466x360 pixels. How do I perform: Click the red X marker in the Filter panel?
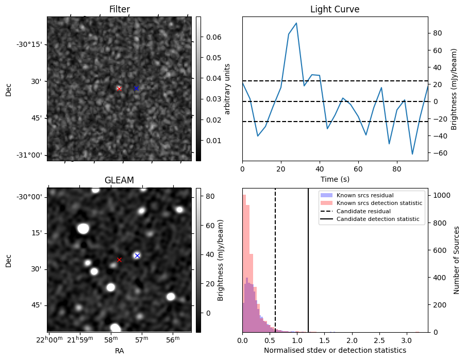coord(119,89)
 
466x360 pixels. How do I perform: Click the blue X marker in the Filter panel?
coord(137,88)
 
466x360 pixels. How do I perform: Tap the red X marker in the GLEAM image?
coord(119,260)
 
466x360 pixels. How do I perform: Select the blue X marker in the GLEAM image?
coord(137,255)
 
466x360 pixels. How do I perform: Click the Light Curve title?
coord(335,9)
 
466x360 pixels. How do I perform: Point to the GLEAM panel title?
coord(119,180)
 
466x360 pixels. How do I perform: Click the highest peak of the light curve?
coord(296,23)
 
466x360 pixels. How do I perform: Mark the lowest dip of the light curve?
coord(412,154)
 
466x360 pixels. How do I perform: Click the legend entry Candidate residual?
coord(363,211)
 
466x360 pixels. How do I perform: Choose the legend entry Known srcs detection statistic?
coord(379,203)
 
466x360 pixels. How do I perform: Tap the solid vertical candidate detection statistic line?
coord(308,260)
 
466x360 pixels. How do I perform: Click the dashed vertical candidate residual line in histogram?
coord(275,260)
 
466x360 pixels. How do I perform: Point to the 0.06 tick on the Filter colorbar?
coord(214,37)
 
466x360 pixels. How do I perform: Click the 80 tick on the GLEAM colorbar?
coord(210,196)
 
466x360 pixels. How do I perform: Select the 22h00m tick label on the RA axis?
coord(49,339)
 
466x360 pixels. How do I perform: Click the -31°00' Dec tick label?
coord(30,155)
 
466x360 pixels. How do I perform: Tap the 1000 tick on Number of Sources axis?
coord(442,195)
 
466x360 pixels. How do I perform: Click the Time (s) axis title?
coord(335,179)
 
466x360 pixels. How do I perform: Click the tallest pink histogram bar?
coord(244,264)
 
